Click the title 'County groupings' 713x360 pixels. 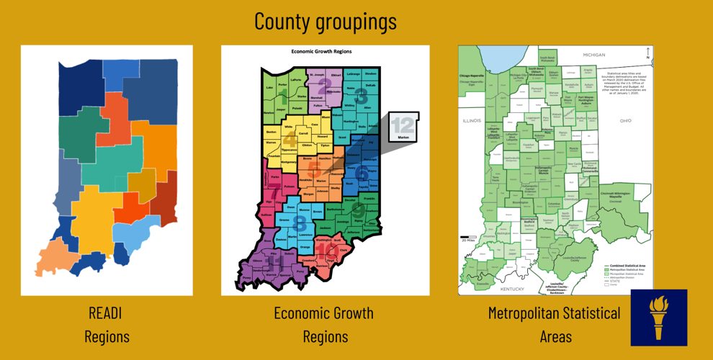(325, 22)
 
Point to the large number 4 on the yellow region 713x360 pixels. (289, 138)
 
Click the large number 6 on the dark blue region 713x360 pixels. (362, 174)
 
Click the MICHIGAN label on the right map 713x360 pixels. (594, 55)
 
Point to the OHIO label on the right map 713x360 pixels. (625, 120)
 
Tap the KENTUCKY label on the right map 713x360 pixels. (513, 289)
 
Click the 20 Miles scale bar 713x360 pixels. (468, 238)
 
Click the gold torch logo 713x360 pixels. (658, 318)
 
